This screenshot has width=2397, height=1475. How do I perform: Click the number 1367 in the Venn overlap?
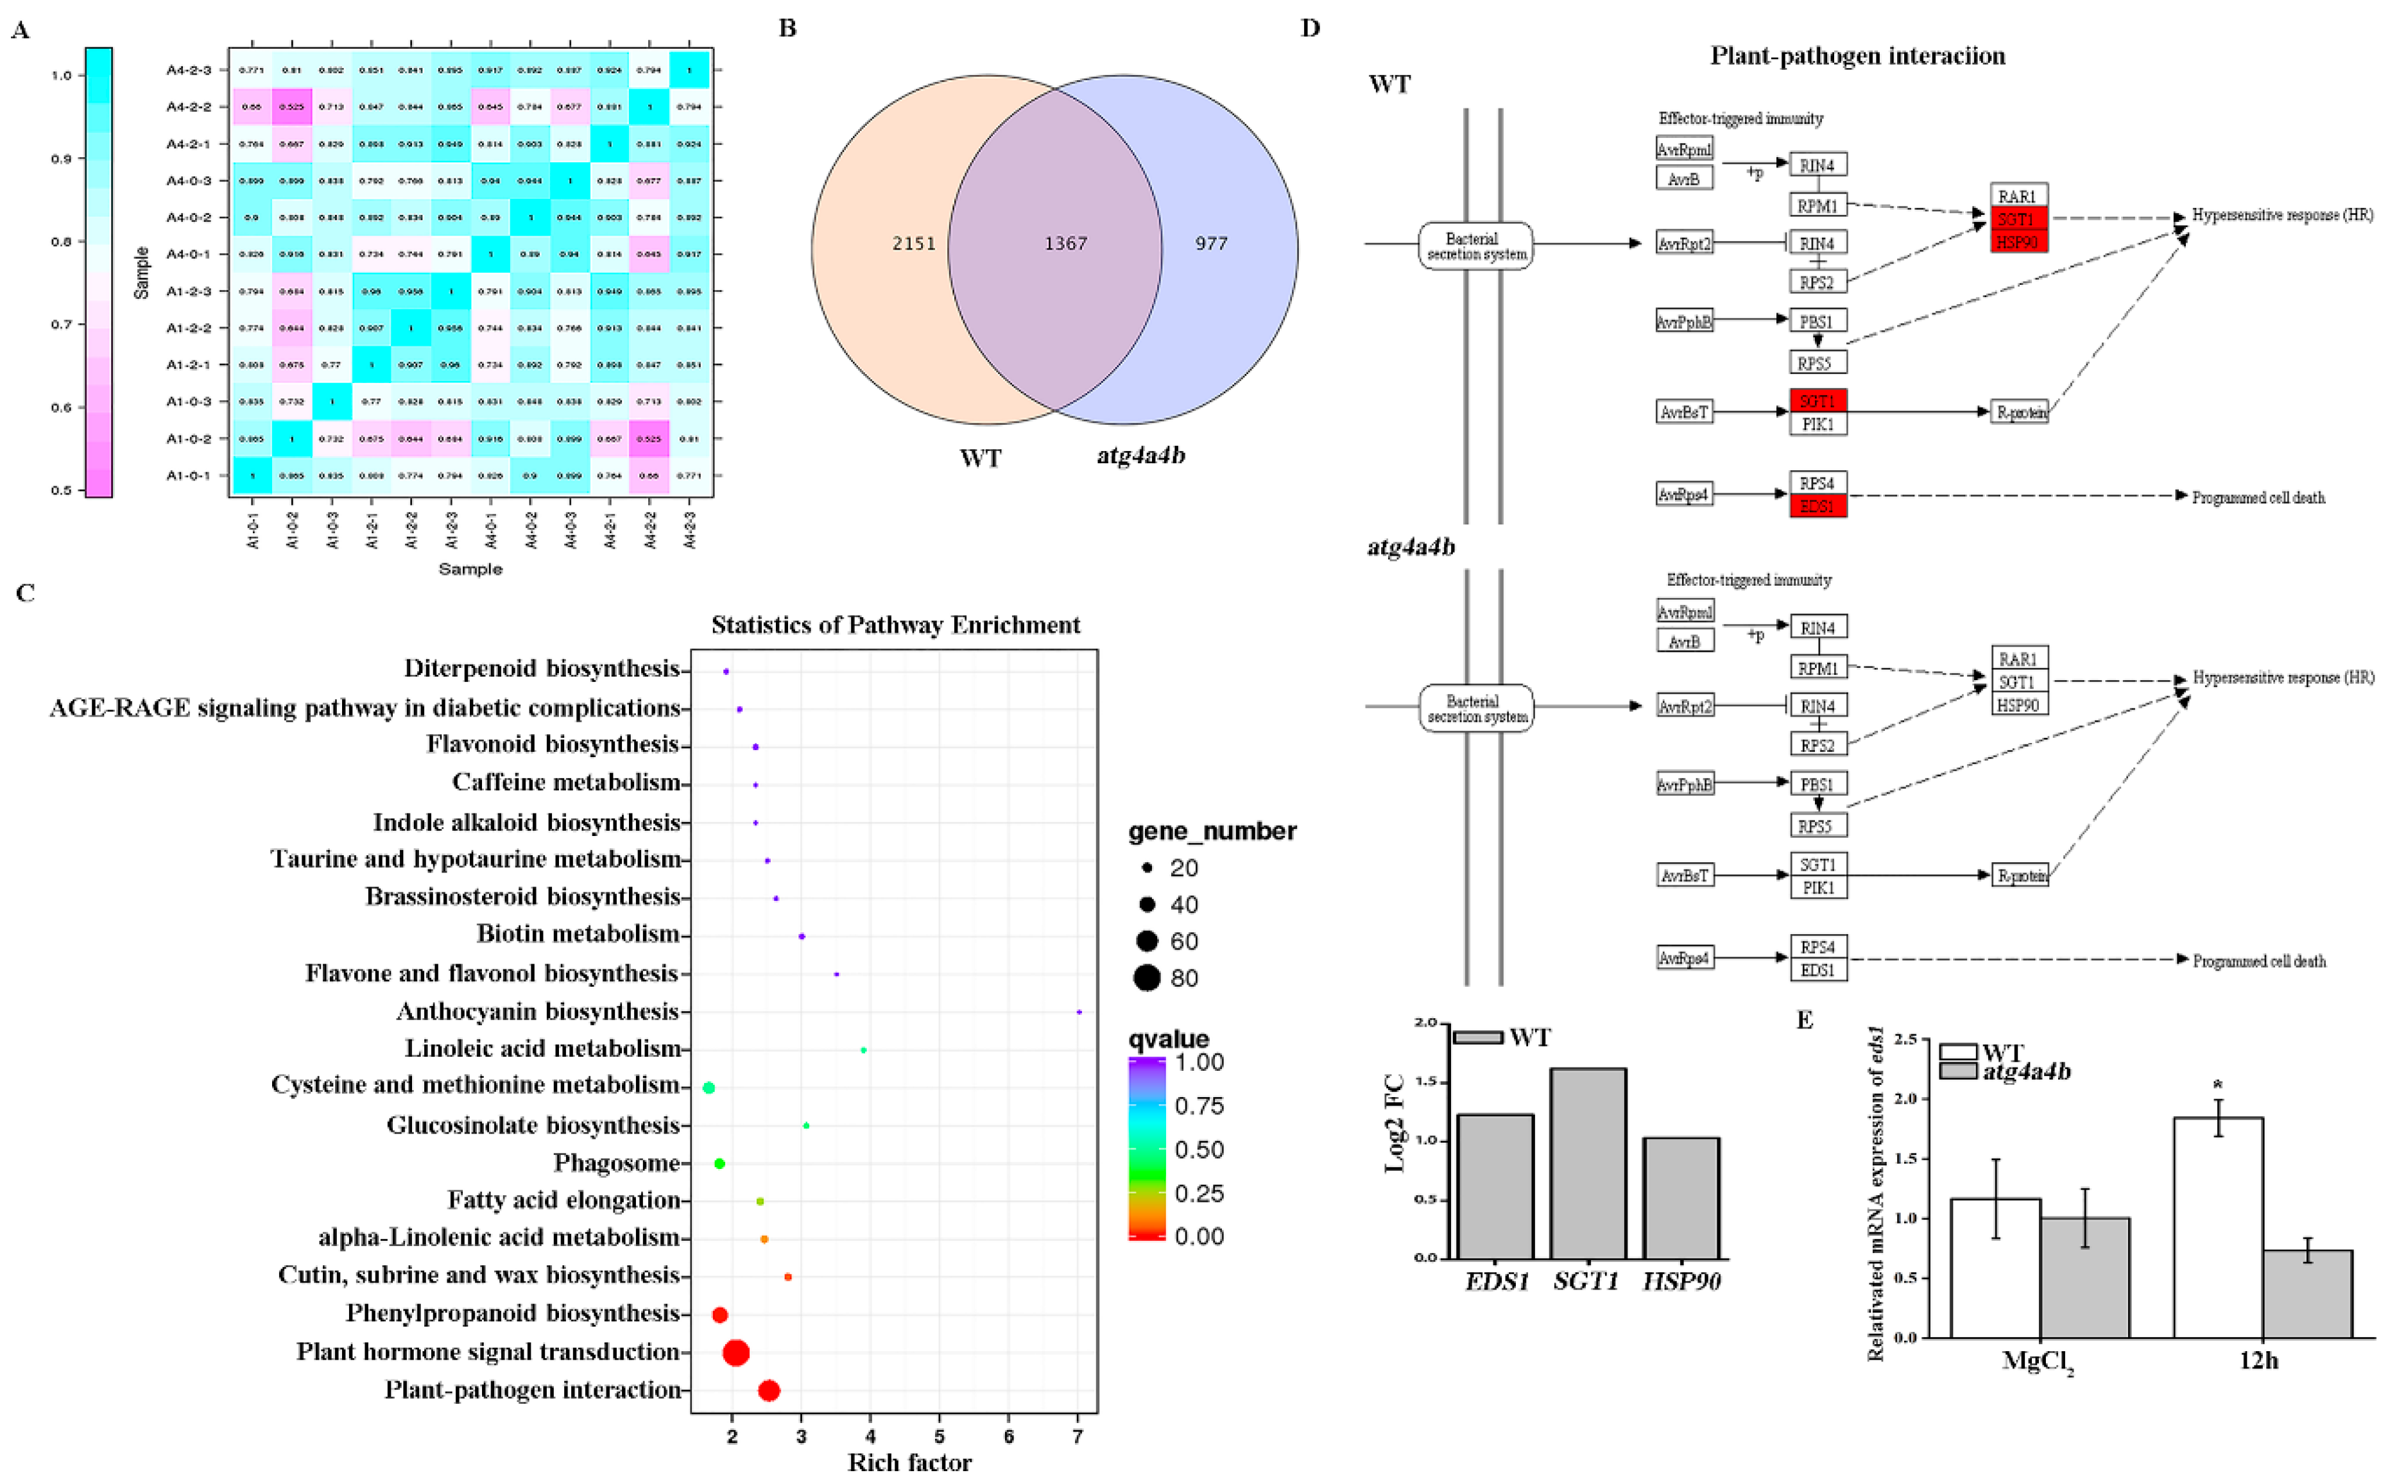tap(1065, 243)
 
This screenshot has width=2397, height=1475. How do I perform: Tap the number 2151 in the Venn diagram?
tap(913, 243)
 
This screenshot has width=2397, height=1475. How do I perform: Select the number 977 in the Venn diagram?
tap(1211, 243)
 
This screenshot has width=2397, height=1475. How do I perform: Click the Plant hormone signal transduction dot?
tap(737, 1352)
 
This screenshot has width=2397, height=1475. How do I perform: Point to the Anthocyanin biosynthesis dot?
tap(1078, 1012)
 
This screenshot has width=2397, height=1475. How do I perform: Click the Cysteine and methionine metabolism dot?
tap(709, 1087)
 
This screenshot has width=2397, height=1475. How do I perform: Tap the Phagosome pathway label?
tap(617, 1163)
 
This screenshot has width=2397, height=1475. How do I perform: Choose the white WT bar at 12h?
tap(2217, 1227)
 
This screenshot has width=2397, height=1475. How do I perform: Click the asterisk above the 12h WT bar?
tap(2217, 1086)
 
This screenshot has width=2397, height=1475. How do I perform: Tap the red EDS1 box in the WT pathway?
tap(1817, 506)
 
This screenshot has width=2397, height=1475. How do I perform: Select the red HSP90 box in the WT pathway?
tap(2018, 241)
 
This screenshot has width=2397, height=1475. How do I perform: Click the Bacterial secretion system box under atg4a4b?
tap(1475, 708)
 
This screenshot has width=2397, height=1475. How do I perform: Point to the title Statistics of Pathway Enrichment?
tap(895, 624)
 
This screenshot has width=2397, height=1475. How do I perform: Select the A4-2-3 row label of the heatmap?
tap(188, 70)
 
